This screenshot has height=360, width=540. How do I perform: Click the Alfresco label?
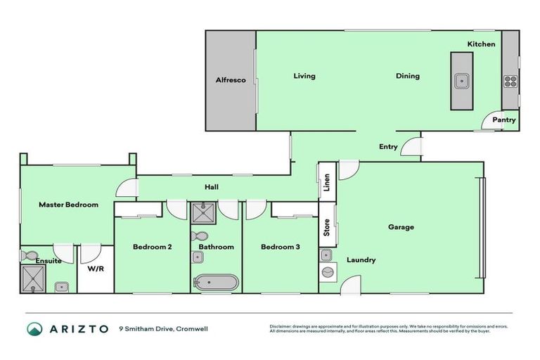click(230, 81)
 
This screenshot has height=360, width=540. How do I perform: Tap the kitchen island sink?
click(462, 81)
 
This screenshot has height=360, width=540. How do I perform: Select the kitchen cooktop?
click(510, 81)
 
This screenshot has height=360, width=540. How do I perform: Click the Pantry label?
click(503, 120)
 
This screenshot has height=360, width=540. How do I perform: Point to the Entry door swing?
click(414, 148)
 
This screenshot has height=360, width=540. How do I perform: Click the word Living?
click(304, 76)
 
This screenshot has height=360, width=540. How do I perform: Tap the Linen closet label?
click(327, 182)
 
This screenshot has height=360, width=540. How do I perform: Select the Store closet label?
click(327, 227)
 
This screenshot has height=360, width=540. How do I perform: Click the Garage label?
click(401, 227)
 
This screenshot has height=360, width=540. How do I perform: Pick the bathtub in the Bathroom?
click(216, 283)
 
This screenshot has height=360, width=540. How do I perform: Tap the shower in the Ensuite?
click(32, 279)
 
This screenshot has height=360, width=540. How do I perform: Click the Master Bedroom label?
click(68, 205)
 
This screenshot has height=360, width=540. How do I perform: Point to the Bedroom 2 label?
click(152, 247)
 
